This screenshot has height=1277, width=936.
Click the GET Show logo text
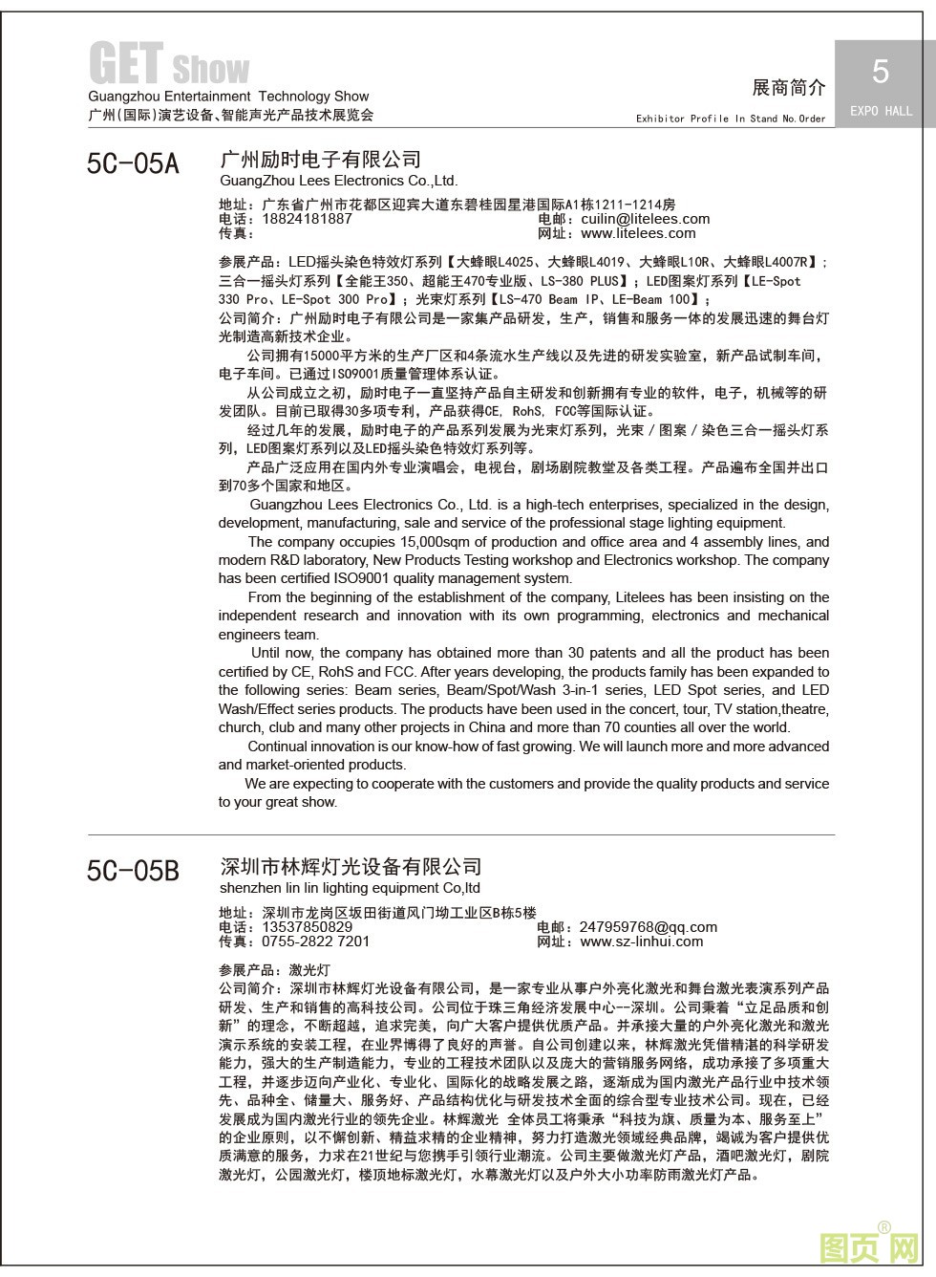tap(169, 65)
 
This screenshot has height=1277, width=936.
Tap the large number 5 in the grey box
tap(881, 71)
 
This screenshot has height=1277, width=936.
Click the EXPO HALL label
tap(881, 111)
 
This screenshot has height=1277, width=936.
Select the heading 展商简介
tap(789, 88)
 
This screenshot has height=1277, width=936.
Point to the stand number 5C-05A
tap(133, 164)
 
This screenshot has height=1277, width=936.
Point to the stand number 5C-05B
tap(133, 871)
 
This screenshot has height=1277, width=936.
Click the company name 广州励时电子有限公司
tap(320, 159)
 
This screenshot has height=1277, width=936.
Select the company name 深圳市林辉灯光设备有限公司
tap(351, 867)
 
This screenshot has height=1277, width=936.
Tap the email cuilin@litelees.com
tap(645, 219)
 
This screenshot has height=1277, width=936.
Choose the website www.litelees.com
tap(638, 233)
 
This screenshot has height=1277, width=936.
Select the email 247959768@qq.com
tap(648, 926)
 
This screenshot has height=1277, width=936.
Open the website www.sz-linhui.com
tap(641, 941)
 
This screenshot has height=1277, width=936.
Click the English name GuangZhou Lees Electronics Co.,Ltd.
tap(338, 180)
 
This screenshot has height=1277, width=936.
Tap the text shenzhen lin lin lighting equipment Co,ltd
tap(350, 887)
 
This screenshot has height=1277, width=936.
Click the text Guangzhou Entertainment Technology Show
tap(228, 97)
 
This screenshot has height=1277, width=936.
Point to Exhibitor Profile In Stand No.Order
tap(731, 119)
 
